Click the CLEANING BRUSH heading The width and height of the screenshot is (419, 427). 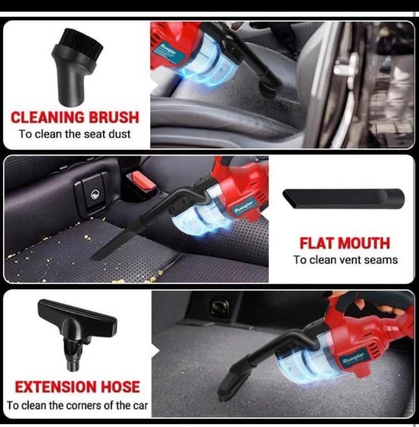[75, 117]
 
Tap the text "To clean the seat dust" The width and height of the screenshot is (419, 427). [75, 134]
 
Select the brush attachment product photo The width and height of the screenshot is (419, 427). [77, 67]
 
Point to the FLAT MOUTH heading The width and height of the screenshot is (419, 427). [345, 243]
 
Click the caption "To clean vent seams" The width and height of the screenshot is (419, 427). [345, 260]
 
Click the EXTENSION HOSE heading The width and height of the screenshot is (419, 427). [77, 387]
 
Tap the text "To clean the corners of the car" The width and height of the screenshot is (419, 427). [77, 406]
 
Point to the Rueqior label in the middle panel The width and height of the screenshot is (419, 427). [243, 207]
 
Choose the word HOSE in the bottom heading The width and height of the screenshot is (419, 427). [120, 387]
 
